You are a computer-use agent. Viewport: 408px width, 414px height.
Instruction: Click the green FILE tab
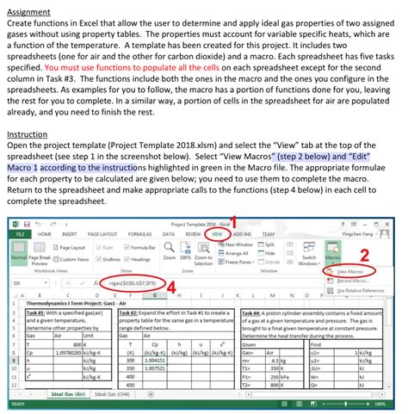coord(18,234)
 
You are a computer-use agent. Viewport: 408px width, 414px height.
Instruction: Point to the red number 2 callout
coord(364,279)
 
